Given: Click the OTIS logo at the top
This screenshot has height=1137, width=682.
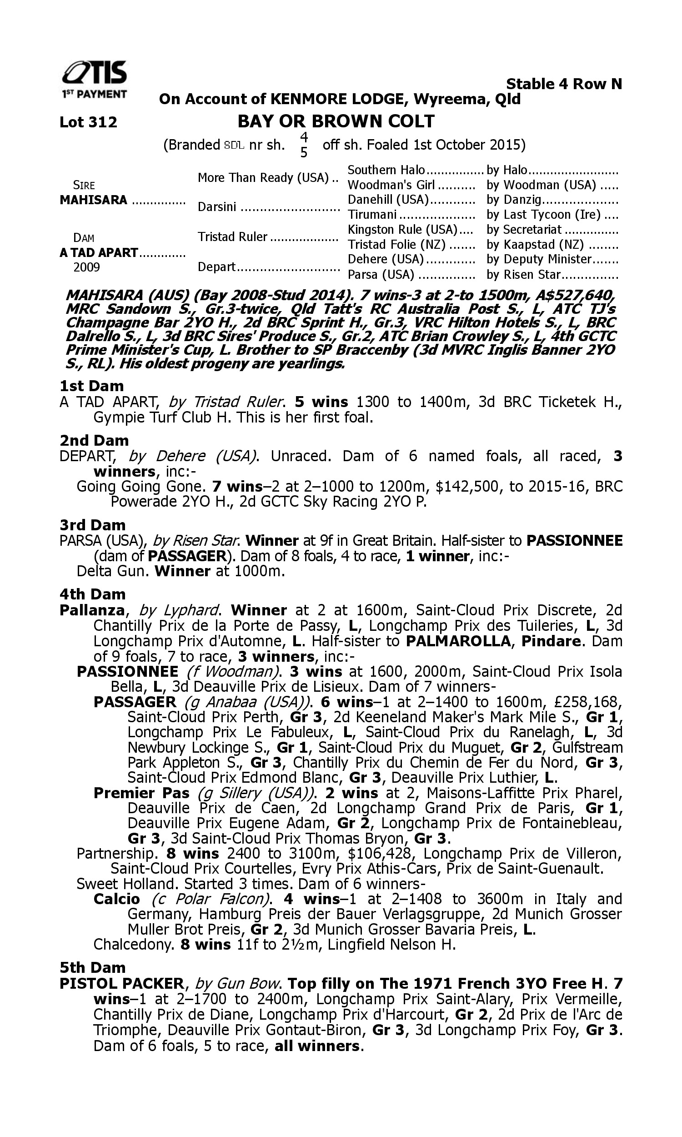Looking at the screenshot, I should (x=95, y=78).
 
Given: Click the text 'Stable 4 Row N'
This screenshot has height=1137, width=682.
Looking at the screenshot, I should (x=563, y=84).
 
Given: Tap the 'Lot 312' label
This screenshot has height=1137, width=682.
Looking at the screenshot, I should (x=88, y=122).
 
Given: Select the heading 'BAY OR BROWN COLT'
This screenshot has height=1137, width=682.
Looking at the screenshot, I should (x=336, y=121).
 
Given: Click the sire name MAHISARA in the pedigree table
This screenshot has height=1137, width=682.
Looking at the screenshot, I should (x=93, y=200).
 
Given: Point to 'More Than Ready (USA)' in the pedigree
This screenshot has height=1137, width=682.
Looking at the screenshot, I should (x=263, y=177).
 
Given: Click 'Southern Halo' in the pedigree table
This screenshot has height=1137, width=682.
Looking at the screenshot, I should (x=386, y=170).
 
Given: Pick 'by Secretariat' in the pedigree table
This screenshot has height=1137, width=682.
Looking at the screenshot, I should (x=524, y=229).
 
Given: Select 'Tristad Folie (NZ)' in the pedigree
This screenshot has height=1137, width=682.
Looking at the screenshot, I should (x=396, y=245).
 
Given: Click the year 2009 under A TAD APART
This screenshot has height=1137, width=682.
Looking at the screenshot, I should (x=87, y=267).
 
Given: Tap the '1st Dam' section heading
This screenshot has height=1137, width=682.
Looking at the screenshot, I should (x=91, y=386).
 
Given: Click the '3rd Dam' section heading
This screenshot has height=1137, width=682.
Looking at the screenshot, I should (x=92, y=524).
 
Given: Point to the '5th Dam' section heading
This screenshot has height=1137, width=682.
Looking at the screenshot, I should (x=92, y=967).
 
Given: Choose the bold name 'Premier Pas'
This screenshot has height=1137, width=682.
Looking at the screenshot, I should (x=141, y=793).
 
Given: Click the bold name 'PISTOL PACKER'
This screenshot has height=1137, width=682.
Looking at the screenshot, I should (x=122, y=983).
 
